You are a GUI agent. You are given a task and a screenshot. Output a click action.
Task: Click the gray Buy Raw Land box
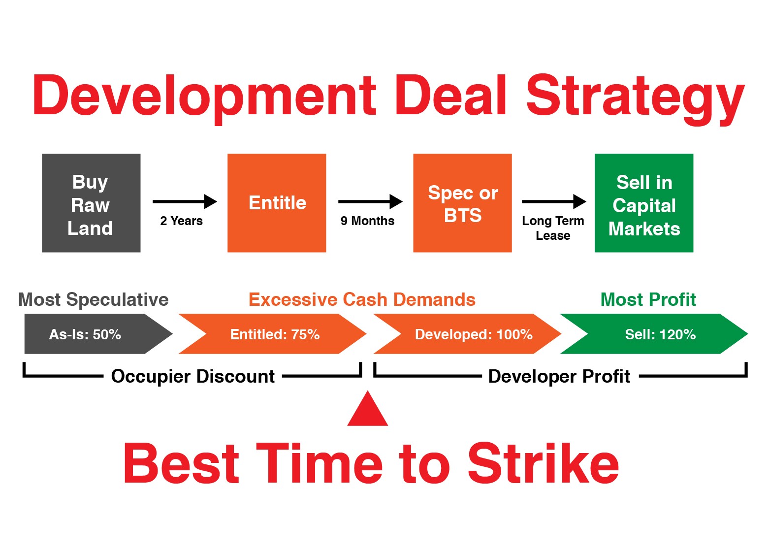coord(91,203)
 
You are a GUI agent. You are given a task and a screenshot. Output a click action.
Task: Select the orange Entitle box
coord(277,203)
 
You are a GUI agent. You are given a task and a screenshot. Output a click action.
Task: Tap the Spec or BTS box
coord(462,203)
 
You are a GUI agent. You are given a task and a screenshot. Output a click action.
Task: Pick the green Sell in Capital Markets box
coord(644,203)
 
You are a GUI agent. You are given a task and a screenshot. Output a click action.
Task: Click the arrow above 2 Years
coord(185,202)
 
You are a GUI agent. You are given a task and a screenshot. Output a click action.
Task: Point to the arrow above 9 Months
coord(370,202)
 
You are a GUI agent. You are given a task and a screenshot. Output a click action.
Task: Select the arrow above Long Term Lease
coord(554,202)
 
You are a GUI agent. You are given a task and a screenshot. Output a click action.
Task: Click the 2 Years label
coord(181,221)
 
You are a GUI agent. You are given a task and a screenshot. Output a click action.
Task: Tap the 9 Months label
coord(368,221)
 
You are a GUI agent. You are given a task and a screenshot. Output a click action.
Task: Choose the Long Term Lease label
coord(553,228)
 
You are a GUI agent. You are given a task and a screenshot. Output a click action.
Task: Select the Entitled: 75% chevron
coord(273,334)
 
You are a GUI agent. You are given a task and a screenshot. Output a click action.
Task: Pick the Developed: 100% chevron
coord(467,334)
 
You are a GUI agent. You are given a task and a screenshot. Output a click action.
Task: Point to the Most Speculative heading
coord(93,299)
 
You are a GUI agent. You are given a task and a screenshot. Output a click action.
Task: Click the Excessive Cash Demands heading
coord(362,299)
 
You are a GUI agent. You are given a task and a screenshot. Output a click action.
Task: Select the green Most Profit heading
coord(648,299)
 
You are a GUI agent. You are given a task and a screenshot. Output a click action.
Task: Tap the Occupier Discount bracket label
coord(193,376)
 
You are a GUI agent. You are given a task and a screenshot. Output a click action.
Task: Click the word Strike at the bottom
coord(544,463)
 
